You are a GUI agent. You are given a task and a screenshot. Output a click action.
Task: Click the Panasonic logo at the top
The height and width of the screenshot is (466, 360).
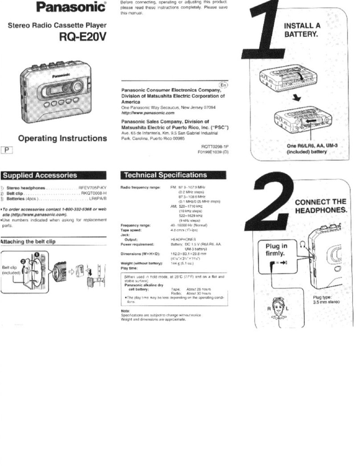(x=71, y=7)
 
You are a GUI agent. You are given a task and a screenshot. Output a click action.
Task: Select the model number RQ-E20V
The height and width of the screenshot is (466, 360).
(x=83, y=37)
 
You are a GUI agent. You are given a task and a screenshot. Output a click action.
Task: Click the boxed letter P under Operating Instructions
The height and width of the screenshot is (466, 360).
(x=7, y=150)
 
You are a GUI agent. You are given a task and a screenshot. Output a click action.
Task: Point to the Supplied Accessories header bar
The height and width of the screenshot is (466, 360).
(x=53, y=175)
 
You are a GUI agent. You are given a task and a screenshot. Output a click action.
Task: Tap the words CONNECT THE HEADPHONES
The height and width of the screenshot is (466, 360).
(x=320, y=206)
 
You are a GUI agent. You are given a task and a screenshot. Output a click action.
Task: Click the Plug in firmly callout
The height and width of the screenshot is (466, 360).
(x=276, y=250)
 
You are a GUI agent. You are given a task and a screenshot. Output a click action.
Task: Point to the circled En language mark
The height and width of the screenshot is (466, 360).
(x=223, y=85)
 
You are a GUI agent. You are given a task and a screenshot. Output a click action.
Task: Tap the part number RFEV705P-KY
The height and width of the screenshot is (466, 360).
(x=93, y=188)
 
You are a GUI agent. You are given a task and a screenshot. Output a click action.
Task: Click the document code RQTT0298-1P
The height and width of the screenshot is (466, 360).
(x=215, y=146)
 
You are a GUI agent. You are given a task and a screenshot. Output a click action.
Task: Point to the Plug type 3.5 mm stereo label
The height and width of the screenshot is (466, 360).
(x=326, y=300)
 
